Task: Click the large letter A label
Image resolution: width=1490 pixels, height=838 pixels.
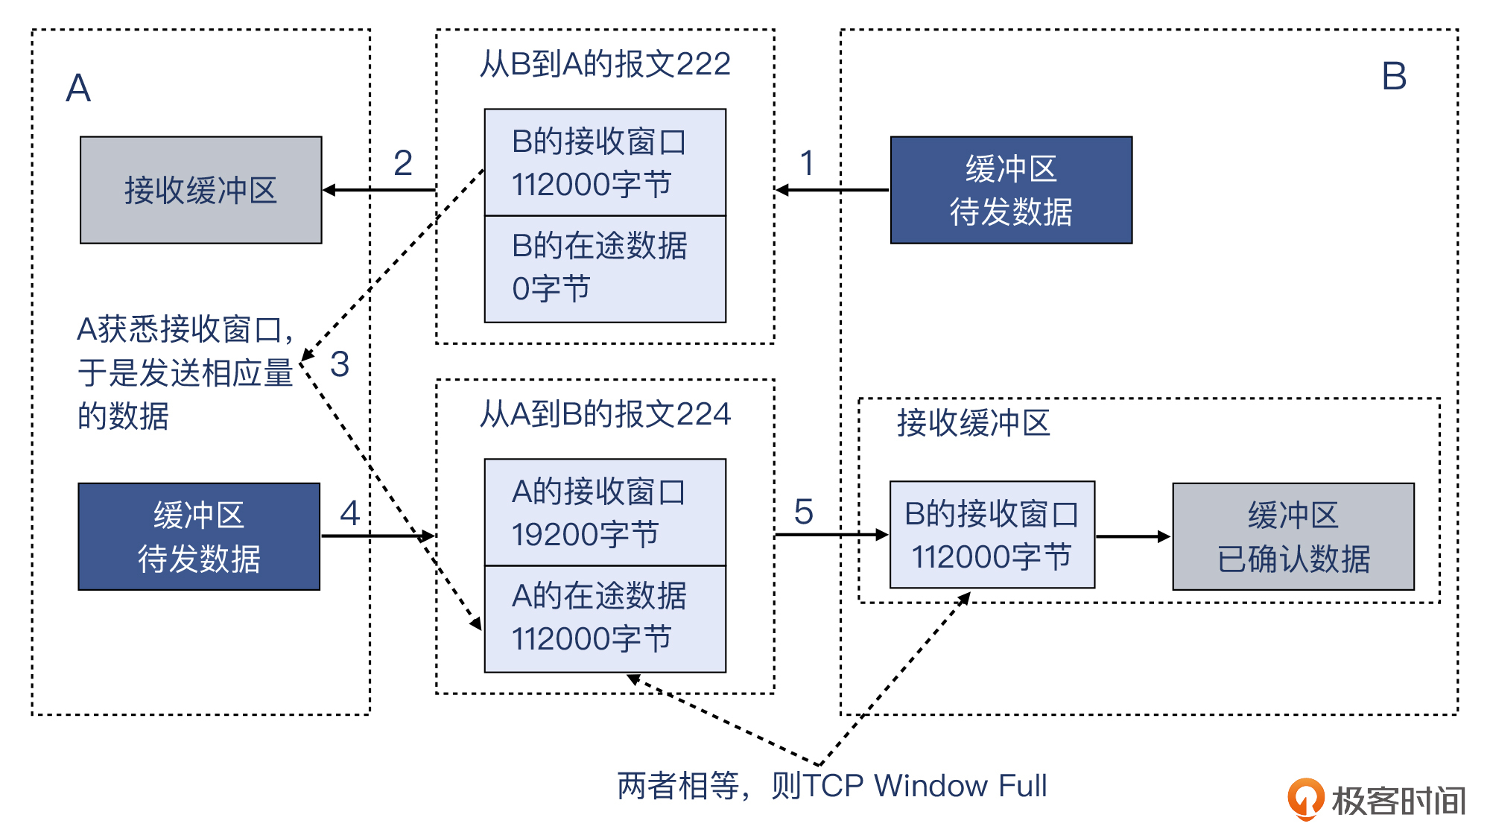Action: click(x=78, y=89)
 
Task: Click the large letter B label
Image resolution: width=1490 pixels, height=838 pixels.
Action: click(x=1394, y=77)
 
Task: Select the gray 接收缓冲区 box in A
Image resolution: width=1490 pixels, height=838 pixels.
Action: click(x=200, y=190)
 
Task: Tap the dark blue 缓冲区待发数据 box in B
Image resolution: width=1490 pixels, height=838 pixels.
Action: click(x=1011, y=190)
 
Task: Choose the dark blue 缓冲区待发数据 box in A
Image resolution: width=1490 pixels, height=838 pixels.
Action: click(x=199, y=536)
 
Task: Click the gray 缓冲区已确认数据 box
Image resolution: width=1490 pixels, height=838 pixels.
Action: click(x=1293, y=536)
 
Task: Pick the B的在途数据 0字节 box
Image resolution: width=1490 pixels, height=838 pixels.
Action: click(x=605, y=269)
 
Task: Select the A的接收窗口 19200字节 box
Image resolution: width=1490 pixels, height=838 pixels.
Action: click(x=605, y=512)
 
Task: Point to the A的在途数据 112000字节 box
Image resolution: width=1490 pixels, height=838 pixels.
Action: click(x=605, y=618)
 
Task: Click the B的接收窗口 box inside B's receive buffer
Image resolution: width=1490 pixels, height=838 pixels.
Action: click(x=992, y=535)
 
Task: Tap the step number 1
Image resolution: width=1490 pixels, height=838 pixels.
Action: click(x=807, y=163)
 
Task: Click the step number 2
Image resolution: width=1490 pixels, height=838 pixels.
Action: click(x=403, y=163)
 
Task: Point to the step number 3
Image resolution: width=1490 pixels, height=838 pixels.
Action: click(x=340, y=364)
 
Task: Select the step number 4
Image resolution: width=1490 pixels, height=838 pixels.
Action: click(x=349, y=512)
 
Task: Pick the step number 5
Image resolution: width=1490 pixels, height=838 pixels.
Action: click(x=803, y=512)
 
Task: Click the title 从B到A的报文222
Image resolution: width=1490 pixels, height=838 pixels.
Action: click(x=605, y=64)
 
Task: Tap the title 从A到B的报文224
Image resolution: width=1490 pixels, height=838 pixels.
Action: click(x=605, y=414)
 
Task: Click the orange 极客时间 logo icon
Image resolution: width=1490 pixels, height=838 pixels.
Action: click(x=1305, y=799)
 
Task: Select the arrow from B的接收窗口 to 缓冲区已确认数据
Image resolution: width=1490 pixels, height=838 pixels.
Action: click(x=1133, y=536)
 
